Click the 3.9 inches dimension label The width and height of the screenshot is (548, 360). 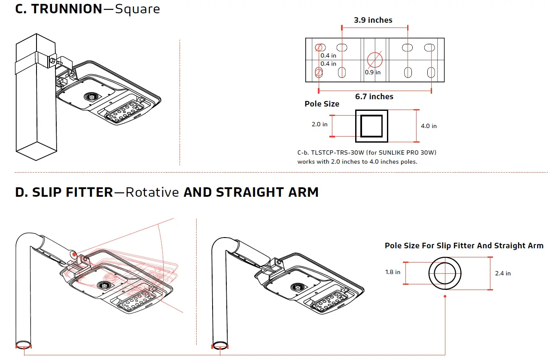[373, 20]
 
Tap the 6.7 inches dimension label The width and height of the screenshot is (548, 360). [374, 97]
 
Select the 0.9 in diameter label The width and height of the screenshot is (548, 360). [373, 72]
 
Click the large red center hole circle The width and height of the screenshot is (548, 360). [374, 59]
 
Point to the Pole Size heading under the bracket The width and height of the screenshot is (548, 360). [322, 104]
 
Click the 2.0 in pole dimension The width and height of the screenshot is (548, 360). [320, 125]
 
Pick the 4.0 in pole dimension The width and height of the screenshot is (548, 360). [429, 126]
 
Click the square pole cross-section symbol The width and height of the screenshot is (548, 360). [371, 126]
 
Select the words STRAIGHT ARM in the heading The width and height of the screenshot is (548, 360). [268, 192]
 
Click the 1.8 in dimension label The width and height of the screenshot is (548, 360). [393, 272]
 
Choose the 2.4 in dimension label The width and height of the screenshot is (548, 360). [502, 273]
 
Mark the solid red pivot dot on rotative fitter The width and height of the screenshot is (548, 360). [75, 254]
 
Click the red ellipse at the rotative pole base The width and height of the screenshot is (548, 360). [24, 345]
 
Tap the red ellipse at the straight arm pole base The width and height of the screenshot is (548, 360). [220, 345]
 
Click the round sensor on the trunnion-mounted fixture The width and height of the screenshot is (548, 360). [91, 97]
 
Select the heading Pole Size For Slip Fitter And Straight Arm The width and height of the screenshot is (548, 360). [464, 246]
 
